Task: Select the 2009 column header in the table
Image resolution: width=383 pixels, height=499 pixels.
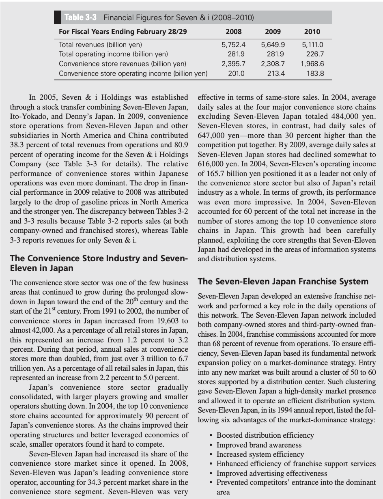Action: point(273,32)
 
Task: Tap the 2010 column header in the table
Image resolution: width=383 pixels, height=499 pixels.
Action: point(312,32)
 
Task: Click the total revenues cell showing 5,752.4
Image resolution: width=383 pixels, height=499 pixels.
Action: point(236,44)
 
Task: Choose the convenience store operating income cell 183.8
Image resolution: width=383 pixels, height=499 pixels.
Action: point(315,73)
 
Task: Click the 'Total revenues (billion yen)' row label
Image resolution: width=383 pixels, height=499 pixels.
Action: point(100,44)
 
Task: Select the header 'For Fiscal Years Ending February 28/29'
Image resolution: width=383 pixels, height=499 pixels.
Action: point(123,32)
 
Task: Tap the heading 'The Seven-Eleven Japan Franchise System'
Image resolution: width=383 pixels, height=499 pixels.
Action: point(283,282)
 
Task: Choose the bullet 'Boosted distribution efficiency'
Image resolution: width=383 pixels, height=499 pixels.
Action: point(265,435)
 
